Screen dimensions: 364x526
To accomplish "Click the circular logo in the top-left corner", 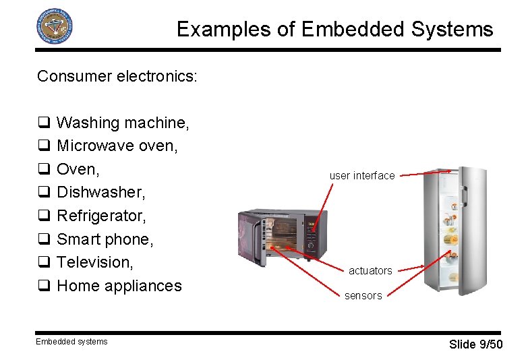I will (54, 27).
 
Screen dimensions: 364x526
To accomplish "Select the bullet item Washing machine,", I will (123, 123).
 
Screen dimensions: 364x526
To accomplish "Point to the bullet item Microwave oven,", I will (117, 146).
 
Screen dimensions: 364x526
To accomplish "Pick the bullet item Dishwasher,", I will (100, 192).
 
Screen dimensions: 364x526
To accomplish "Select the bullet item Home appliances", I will (119, 286).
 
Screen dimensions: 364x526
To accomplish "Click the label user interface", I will (362, 176).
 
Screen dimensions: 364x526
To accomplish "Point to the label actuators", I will (370, 271).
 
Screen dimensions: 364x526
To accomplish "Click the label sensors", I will (363, 296).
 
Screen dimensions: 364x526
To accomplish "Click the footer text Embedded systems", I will (72, 342).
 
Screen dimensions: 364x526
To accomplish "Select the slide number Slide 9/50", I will (475, 344).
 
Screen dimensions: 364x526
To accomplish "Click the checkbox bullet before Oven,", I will (42, 169).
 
